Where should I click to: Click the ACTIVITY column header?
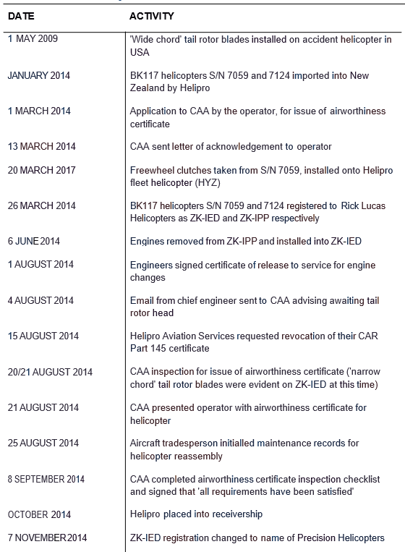(x=151, y=15)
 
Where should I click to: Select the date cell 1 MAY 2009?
(x=33, y=39)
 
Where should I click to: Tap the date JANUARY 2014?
(x=39, y=76)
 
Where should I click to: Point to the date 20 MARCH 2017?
(x=41, y=171)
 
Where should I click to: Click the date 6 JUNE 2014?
(x=35, y=242)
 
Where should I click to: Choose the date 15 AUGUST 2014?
(x=43, y=336)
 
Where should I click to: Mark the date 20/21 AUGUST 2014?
(x=50, y=372)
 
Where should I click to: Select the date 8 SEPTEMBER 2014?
(x=46, y=479)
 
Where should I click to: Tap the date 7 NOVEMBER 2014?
(x=48, y=538)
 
